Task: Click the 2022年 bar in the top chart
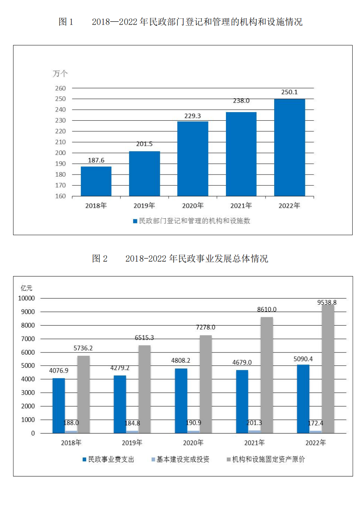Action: (289, 147)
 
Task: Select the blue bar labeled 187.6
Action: (96, 181)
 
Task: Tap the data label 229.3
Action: (192, 116)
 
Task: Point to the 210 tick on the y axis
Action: (60, 142)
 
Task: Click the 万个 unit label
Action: (60, 74)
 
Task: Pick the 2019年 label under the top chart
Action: (144, 206)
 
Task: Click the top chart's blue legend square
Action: (135, 221)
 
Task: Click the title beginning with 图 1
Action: (180, 22)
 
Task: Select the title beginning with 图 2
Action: (180, 259)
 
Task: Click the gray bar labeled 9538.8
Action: (328, 368)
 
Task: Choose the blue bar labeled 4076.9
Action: (59, 405)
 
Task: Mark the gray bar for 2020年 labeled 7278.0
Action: (206, 384)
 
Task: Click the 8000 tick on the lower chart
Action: (28, 325)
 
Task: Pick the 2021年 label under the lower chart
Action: (255, 443)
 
